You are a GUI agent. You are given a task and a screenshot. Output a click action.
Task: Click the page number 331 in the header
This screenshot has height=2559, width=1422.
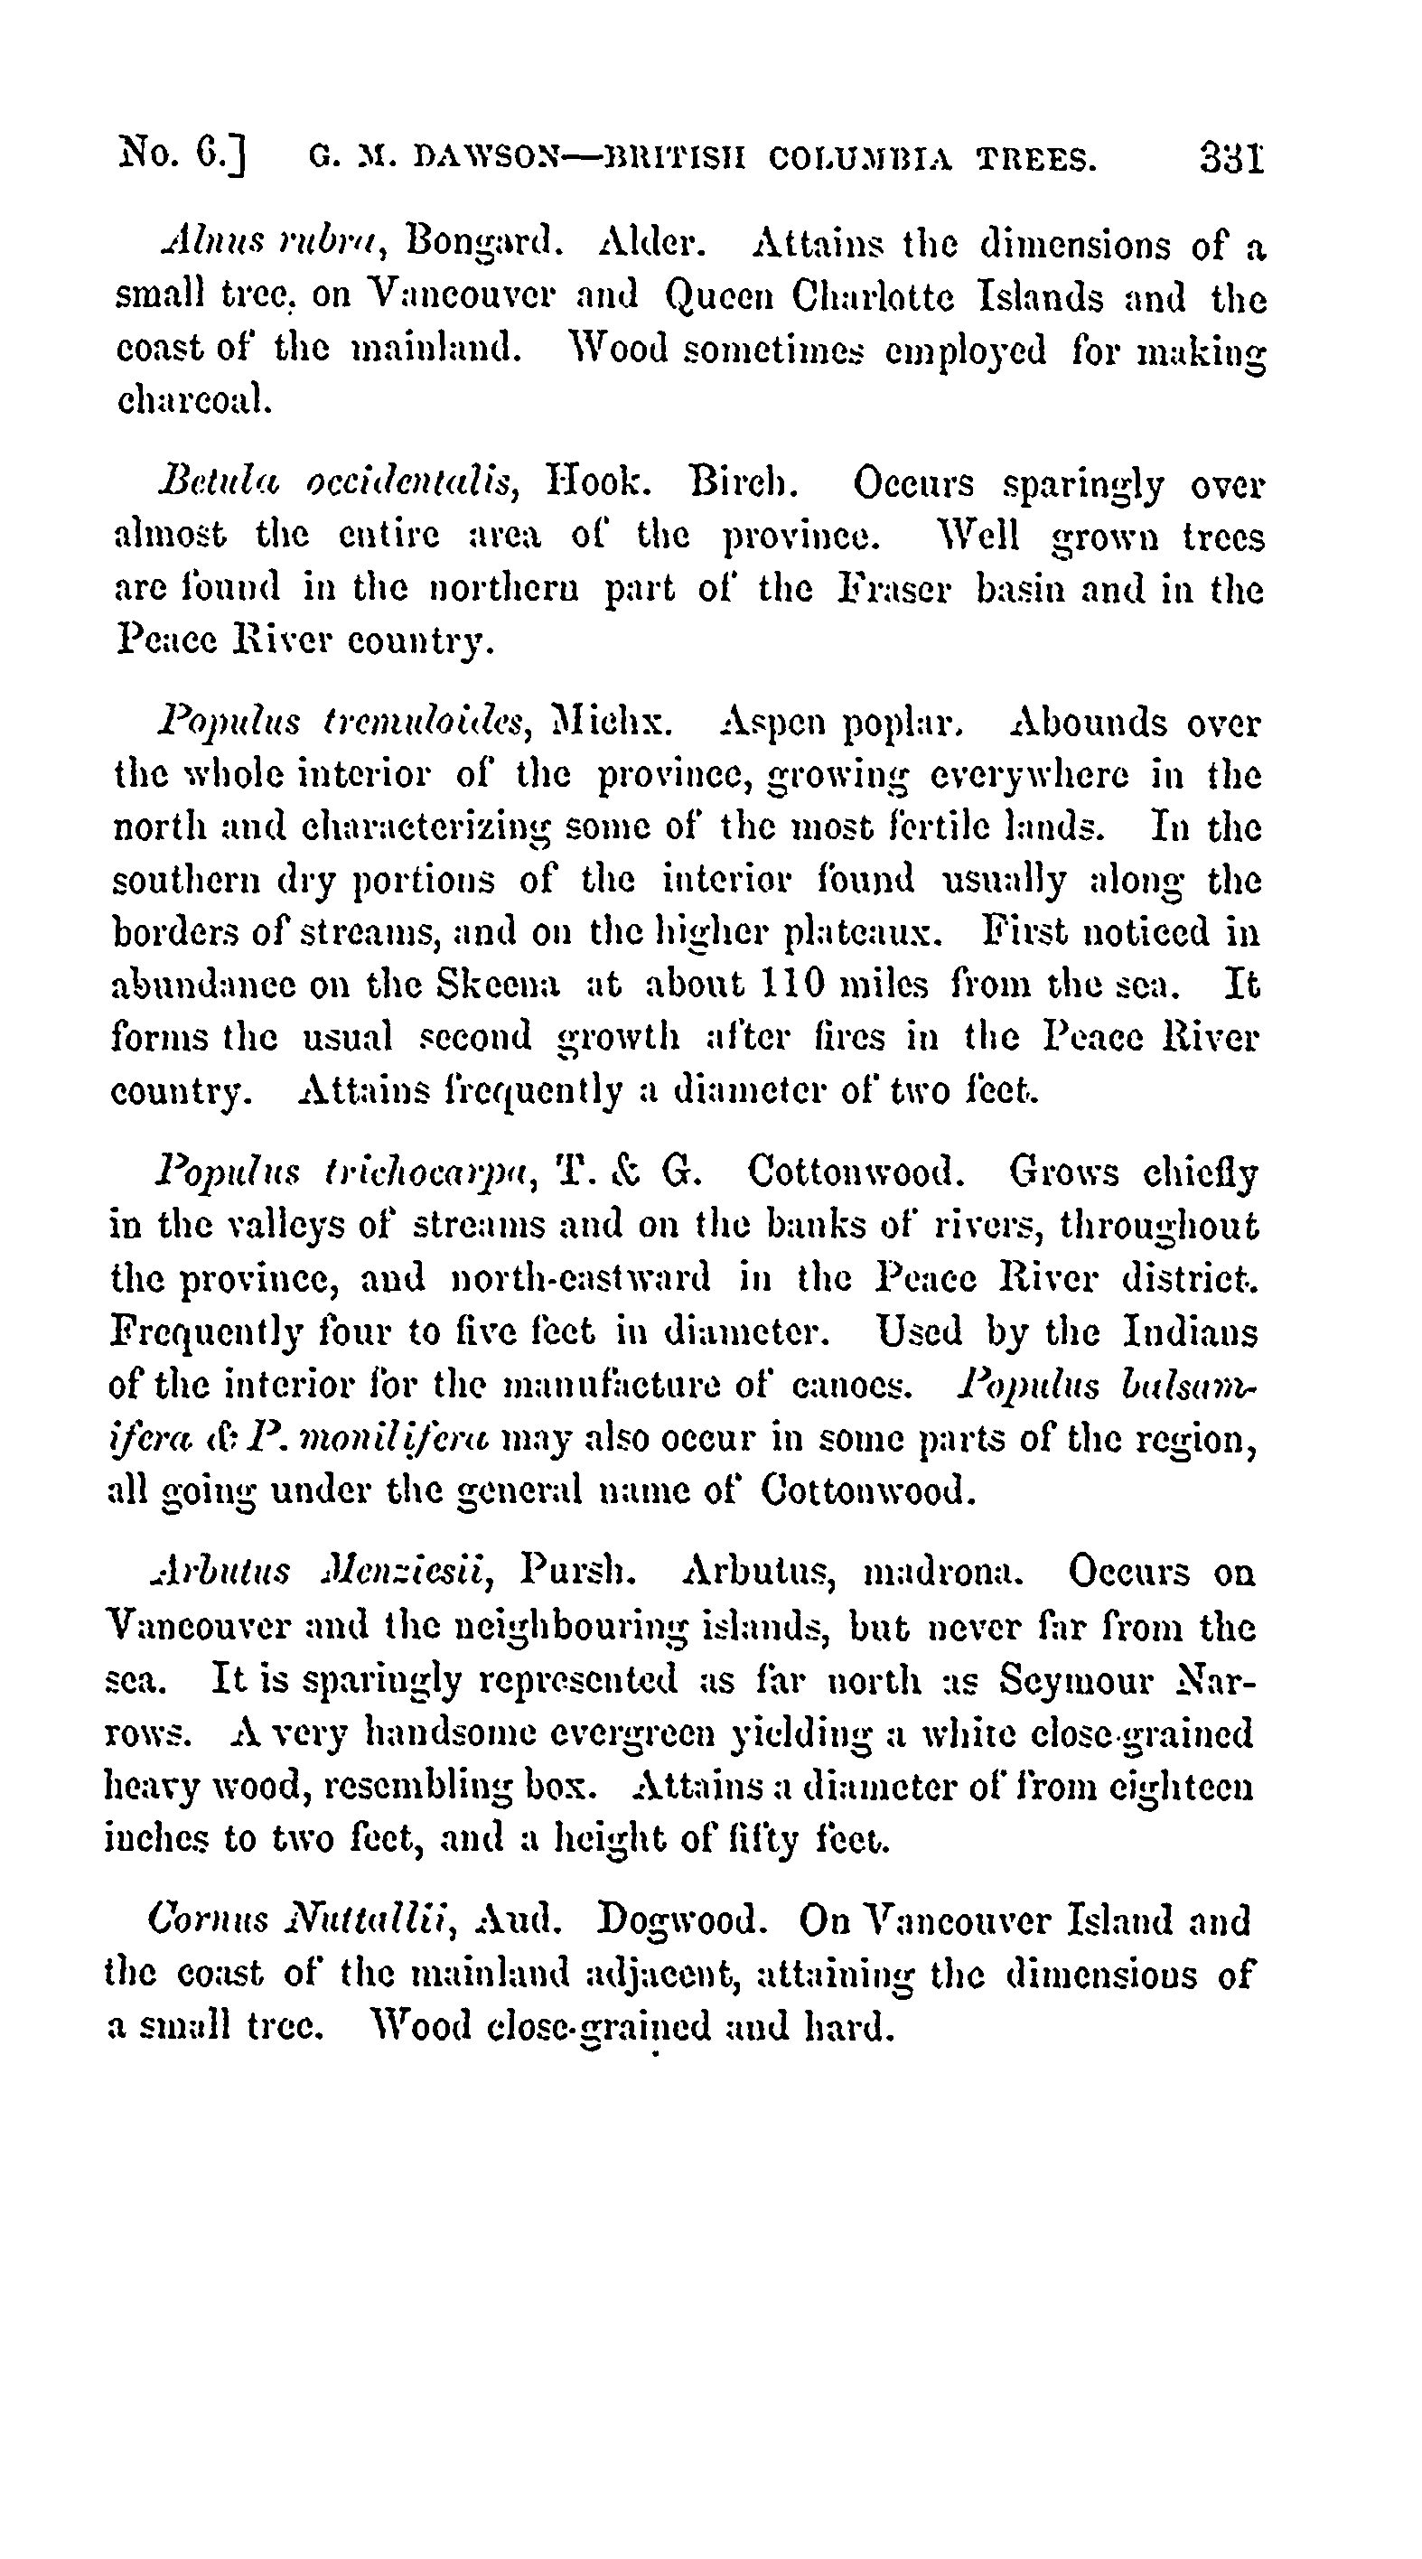[x=1231, y=158]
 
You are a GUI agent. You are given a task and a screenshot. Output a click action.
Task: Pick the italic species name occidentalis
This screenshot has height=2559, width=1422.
[x=410, y=485]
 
